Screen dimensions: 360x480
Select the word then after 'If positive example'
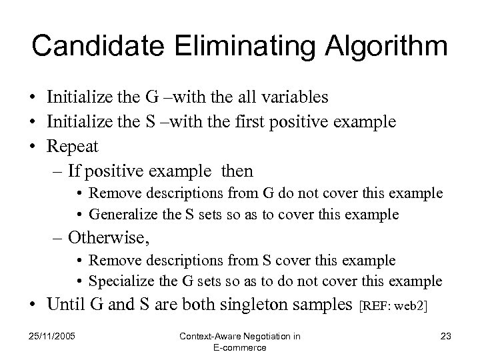coord(235,171)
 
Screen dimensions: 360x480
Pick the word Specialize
coord(119,281)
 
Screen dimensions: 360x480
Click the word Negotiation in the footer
coord(265,336)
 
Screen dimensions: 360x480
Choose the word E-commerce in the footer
coord(239,347)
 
